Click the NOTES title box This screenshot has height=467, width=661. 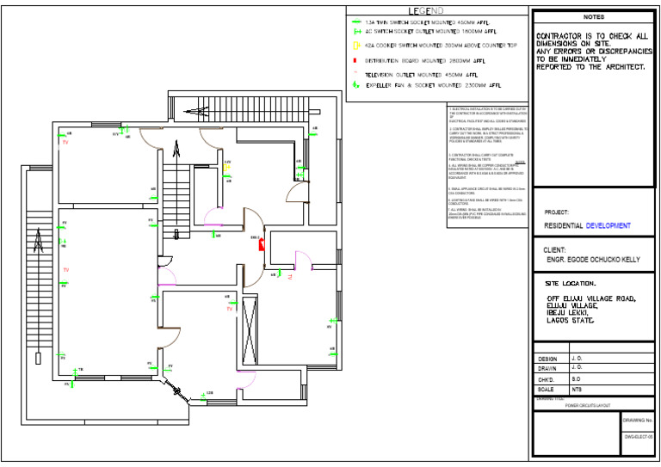click(594, 16)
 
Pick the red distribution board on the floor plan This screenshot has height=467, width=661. click(261, 245)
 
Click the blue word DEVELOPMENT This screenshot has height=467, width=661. click(608, 226)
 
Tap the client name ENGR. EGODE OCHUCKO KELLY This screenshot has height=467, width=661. click(594, 258)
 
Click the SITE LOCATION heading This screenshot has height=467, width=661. click(571, 283)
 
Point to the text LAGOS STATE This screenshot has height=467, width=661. click(571, 319)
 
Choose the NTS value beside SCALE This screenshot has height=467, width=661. click(577, 390)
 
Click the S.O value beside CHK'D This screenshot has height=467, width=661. click(576, 378)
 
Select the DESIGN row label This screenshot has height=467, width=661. click(547, 358)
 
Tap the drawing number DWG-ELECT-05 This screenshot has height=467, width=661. click(638, 437)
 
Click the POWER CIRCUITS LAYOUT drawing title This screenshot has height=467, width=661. click(587, 405)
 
